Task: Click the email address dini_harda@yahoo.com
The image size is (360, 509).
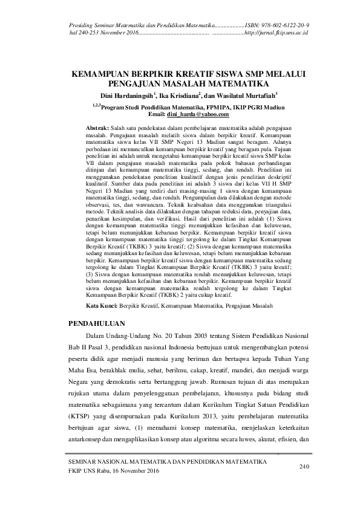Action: [x=201, y=114]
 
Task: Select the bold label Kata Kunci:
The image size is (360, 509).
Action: [x=100, y=307]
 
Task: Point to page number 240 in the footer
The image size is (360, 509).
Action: [x=304, y=467]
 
